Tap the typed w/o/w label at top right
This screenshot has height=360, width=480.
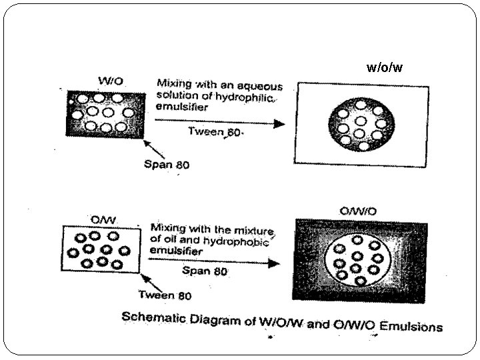385,67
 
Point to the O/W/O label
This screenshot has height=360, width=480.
358,211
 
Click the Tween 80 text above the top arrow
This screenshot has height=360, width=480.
214,132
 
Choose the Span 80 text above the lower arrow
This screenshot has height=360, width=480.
205,271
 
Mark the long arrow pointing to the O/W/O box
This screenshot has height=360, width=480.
213,262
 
